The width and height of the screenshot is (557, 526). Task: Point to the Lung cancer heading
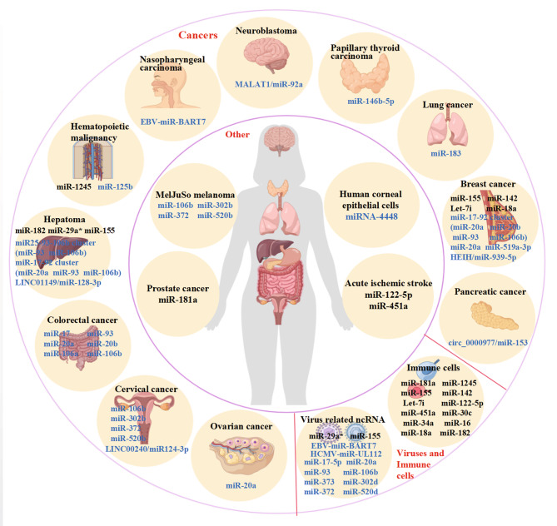[x=450, y=107]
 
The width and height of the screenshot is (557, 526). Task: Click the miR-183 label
[x=450, y=154]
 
